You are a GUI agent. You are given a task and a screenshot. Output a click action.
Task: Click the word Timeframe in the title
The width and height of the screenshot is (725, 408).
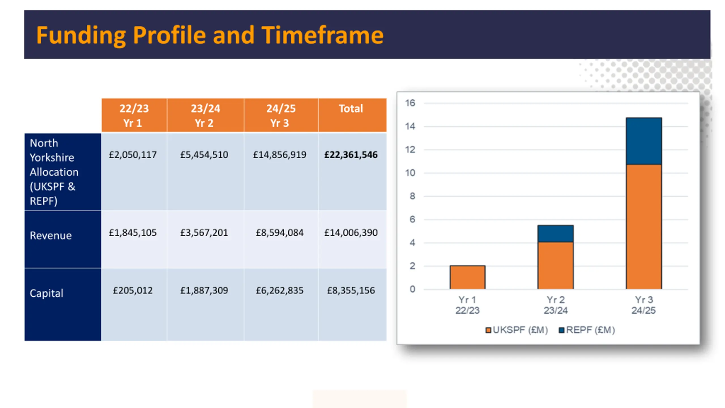tap(322, 35)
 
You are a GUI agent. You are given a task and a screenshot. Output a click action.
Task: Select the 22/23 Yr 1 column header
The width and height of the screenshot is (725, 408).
tap(134, 115)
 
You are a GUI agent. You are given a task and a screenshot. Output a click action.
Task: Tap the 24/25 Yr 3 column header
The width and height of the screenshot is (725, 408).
tap(280, 115)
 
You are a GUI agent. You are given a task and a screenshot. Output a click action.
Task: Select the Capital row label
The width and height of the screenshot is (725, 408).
tap(46, 293)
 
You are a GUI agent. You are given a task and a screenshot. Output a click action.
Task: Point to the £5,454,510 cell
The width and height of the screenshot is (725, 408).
tap(204, 155)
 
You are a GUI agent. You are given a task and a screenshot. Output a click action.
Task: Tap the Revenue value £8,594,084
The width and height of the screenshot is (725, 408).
tap(280, 233)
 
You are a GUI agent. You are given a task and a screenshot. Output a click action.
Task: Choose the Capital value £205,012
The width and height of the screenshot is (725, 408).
tap(133, 290)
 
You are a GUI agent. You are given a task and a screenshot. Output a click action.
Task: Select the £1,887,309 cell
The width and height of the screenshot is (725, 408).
tap(204, 290)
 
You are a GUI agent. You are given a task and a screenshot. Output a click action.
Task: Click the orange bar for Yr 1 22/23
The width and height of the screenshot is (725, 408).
tap(467, 277)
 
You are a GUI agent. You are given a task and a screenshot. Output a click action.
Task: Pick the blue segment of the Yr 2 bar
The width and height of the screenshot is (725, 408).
tap(555, 234)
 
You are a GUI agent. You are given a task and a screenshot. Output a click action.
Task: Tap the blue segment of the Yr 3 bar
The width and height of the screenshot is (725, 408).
tap(643, 141)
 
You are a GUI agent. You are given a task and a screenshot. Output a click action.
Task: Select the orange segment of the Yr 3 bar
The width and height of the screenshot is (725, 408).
tap(643, 227)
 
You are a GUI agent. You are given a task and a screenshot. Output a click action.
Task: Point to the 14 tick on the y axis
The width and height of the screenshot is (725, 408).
tap(410, 126)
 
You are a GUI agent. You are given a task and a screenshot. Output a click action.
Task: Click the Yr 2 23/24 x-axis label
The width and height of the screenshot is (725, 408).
tap(555, 305)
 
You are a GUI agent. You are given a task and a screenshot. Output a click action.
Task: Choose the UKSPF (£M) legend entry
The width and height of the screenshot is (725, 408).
tap(517, 330)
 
